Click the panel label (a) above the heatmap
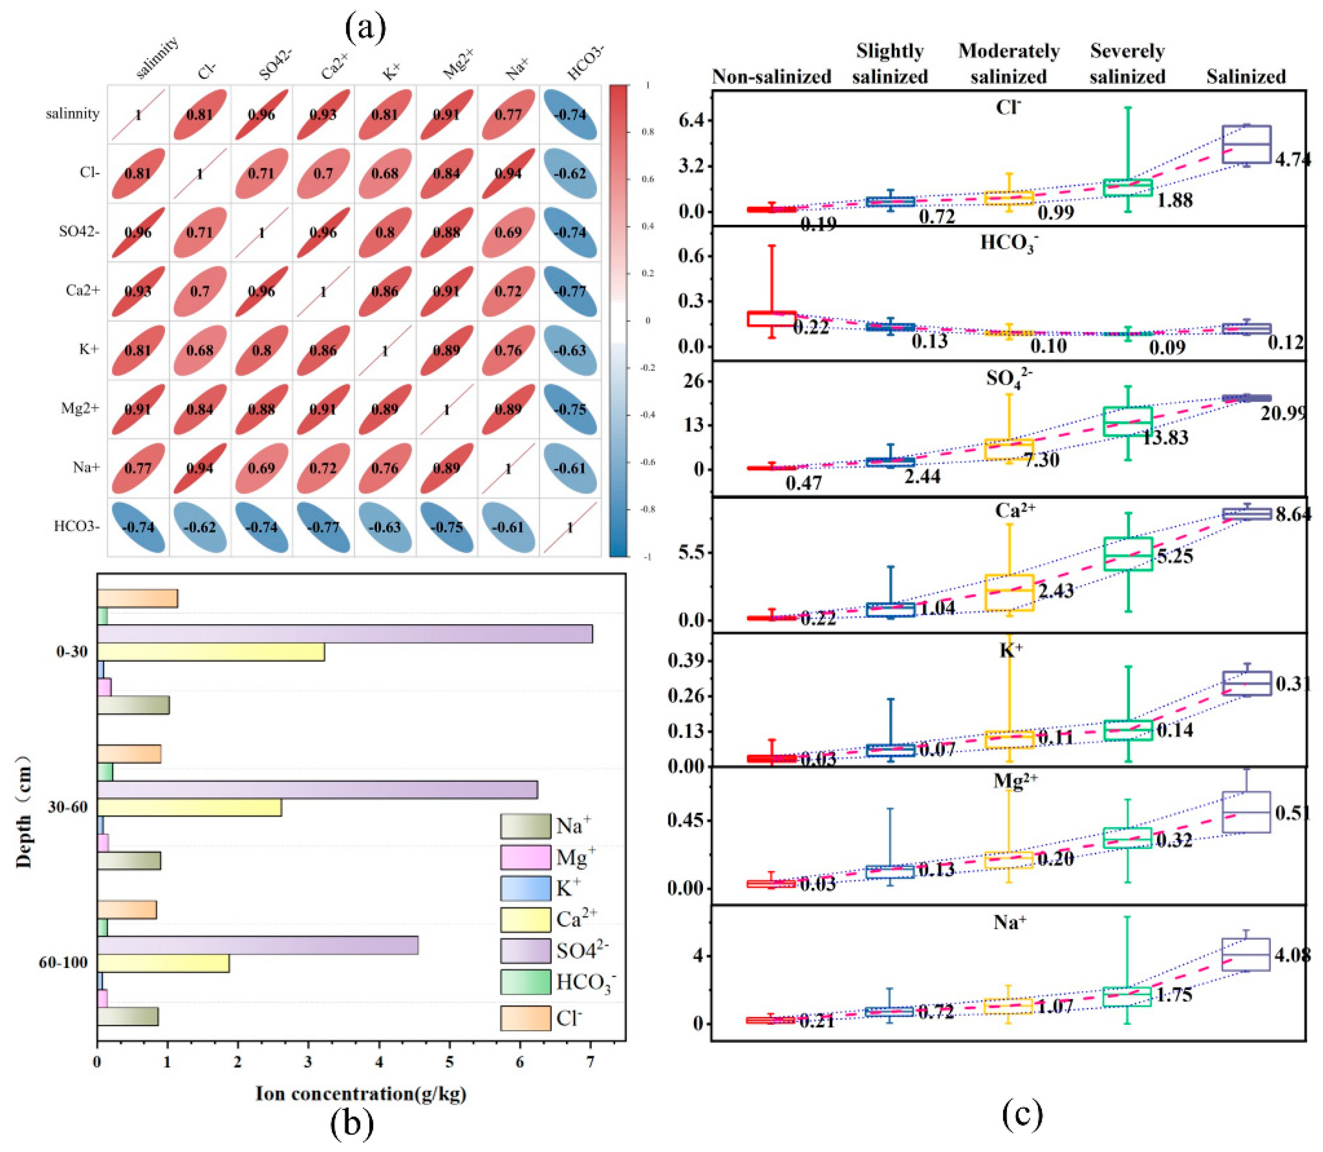[x=365, y=27]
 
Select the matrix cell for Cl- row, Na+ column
[x=508, y=174]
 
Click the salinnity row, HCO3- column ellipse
[x=570, y=114]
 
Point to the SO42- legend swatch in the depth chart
[x=525, y=949]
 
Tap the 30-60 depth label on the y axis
[x=67, y=807]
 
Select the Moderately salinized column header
[x=1008, y=64]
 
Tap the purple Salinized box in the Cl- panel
[x=1246, y=144]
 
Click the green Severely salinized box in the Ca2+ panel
[x=1128, y=553]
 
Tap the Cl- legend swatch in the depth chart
[x=525, y=1018]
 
